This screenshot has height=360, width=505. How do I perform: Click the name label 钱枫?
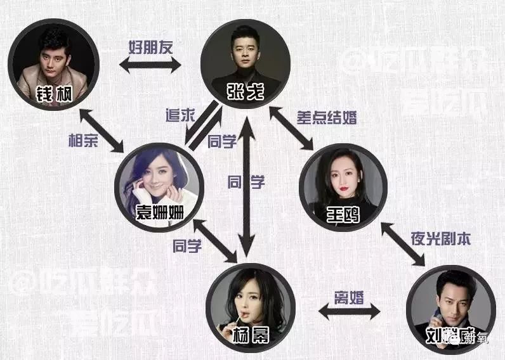[54, 95]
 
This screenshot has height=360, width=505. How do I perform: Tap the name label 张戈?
[239, 91]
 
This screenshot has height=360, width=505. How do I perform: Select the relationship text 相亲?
[84, 141]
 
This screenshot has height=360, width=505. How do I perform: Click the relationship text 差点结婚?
[326, 117]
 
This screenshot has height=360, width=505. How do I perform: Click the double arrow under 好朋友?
[150, 65]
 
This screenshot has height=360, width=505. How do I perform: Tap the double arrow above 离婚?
[348, 311]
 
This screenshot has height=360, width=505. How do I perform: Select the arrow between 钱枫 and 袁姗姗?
[101, 131]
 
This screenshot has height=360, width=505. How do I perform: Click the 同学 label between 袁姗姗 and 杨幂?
[187, 247]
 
